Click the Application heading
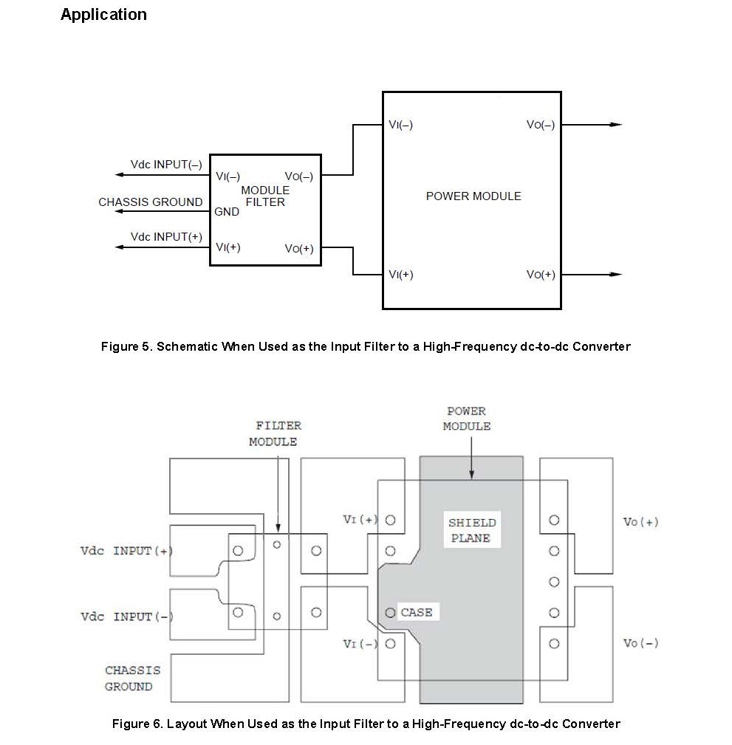click(103, 15)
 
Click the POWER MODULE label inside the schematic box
click(473, 196)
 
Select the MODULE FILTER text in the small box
click(265, 196)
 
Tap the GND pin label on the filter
click(227, 212)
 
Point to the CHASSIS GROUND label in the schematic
click(151, 202)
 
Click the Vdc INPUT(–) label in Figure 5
click(166, 165)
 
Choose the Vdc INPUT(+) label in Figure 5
click(166, 236)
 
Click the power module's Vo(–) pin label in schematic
click(541, 125)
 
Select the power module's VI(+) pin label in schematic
click(401, 275)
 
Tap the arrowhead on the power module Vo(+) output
click(616, 274)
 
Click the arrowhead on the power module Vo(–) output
click(616, 125)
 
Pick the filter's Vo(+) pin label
click(299, 249)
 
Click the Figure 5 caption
click(366, 346)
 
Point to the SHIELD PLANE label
click(471, 530)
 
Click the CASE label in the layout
click(417, 612)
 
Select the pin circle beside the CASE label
click(390, 613)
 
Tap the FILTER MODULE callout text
click(276, 434)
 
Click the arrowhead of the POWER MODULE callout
click(471, 475)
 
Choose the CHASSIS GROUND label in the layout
click(132, 679)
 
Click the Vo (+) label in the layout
click(640, 522)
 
